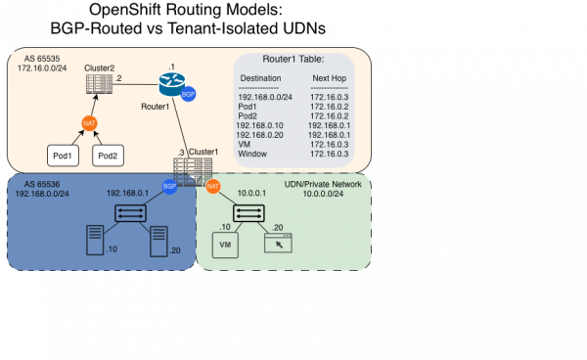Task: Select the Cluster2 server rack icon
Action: click(98, 84)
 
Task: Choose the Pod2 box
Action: click(109, 156)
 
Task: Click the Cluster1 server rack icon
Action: click(194, 172)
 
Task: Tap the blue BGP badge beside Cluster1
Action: click(169, 185)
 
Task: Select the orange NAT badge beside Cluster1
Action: click(212, 185)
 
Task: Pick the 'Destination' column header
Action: click(260, 77)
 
